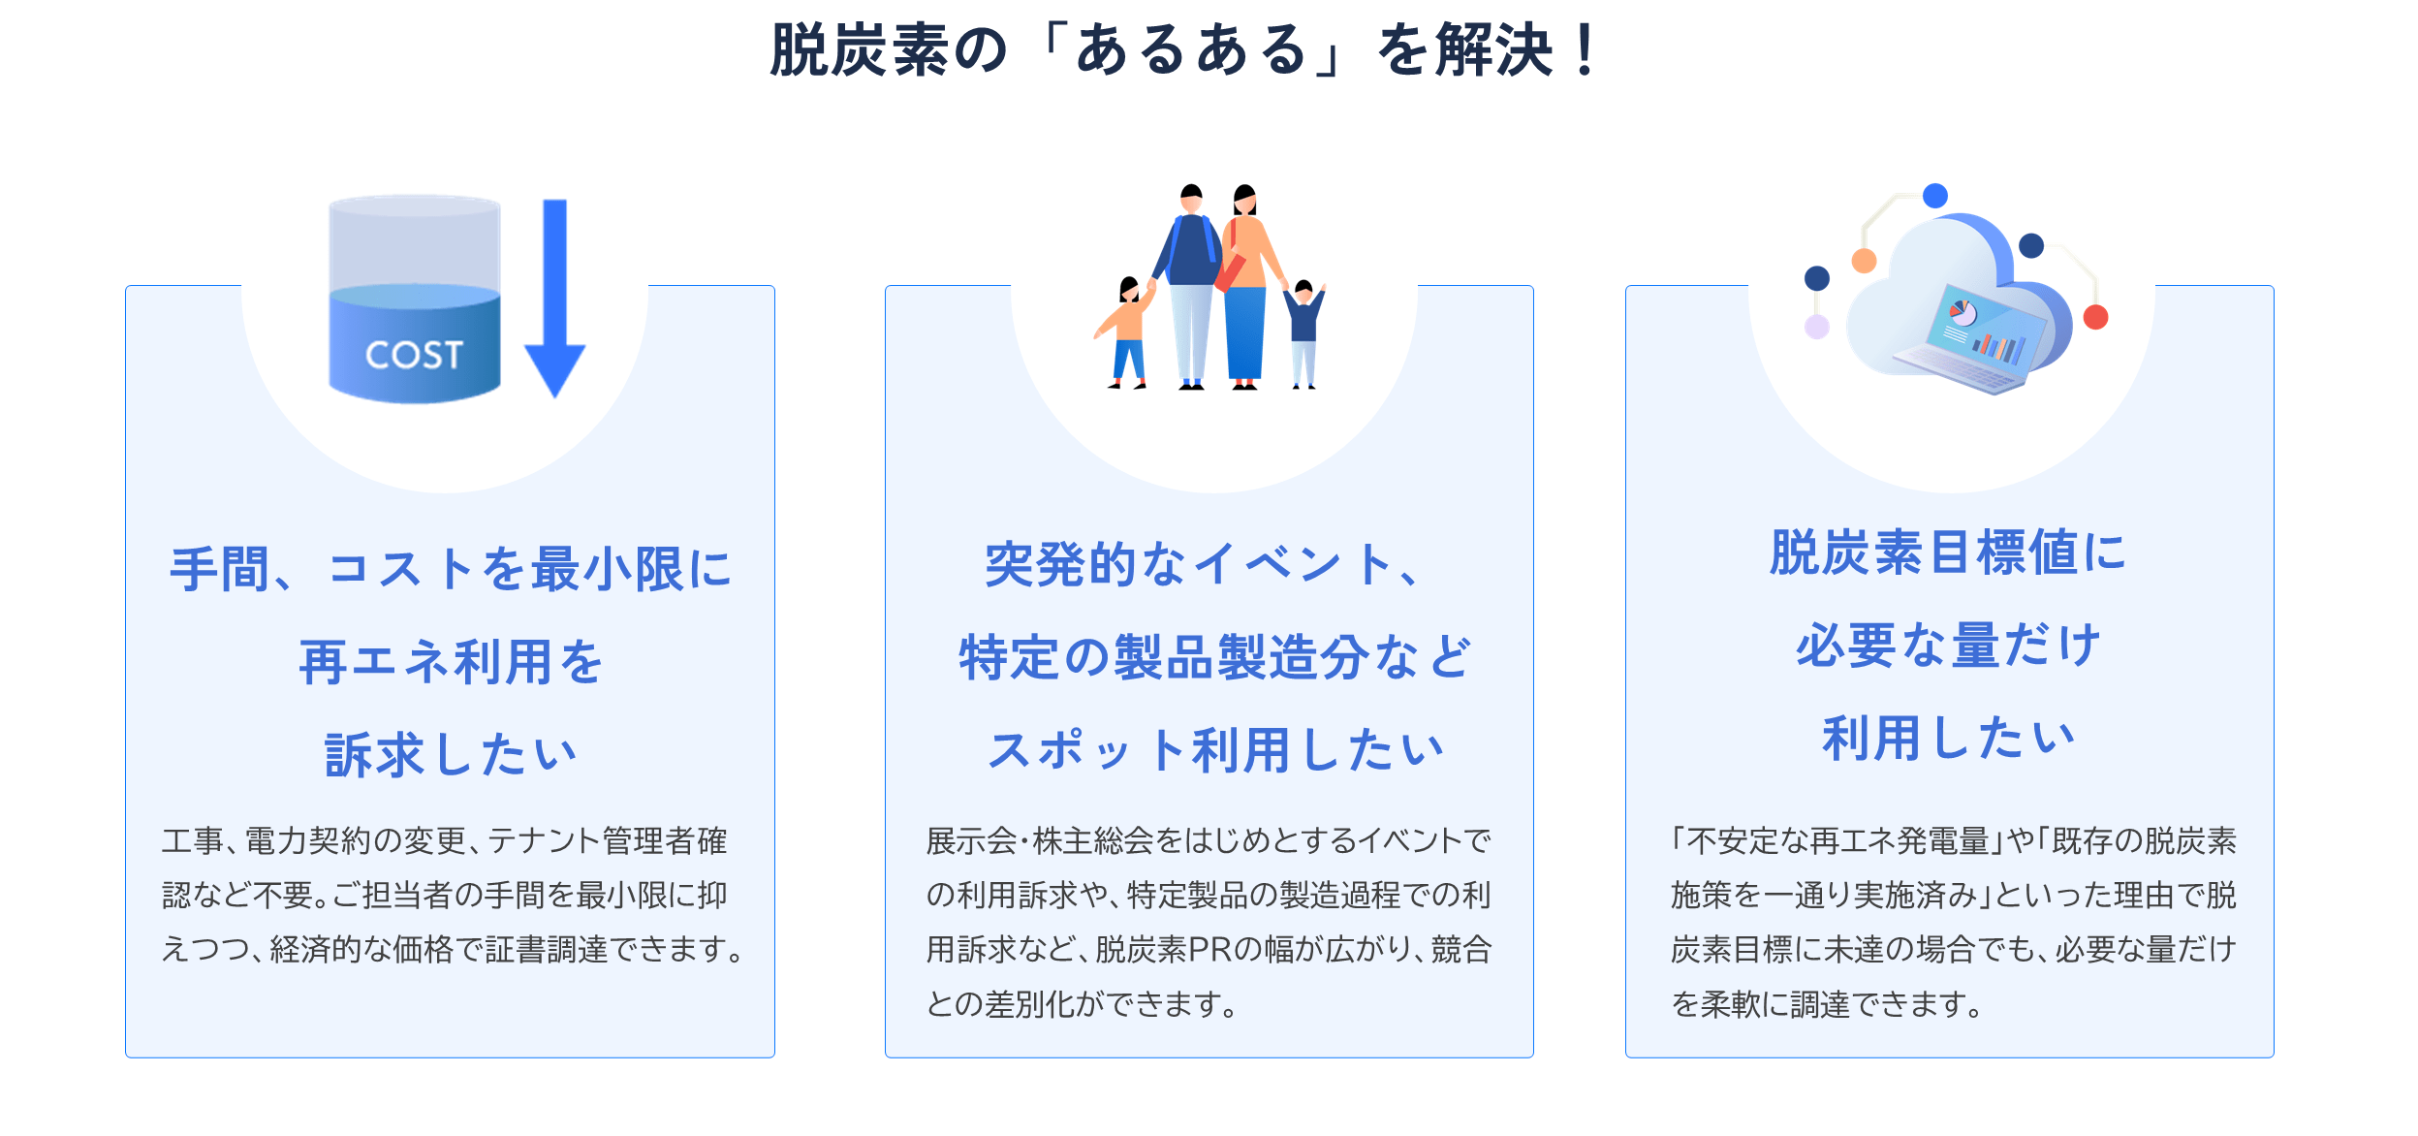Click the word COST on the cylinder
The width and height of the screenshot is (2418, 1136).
point(414,355)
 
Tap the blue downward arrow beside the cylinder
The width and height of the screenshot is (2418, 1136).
point(554,298)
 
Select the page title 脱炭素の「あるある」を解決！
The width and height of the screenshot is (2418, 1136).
point(1183,49)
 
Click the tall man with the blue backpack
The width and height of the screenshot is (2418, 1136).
point(1191,287)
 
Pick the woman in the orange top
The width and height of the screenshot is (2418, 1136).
point(1248,287)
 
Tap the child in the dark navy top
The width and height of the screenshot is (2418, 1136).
point(1304,333)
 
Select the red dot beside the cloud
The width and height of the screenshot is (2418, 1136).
point(2095,317)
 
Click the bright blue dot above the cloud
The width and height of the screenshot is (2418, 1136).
point(1935,196)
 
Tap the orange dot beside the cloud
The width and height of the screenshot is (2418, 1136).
point(1864,261)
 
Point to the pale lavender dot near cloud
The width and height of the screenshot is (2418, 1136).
point(1817,327)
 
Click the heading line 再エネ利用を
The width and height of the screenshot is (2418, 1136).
point(451,662)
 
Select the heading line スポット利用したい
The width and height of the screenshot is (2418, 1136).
point(1215,750)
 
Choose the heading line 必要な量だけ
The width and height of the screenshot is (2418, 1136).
point(1949,646)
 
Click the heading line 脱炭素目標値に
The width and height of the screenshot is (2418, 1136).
point(1949,552)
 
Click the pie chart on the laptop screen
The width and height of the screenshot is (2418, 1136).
point(1963,312)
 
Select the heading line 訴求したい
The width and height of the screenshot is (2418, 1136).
point(451,755)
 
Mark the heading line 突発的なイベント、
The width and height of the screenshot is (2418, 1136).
point(1202,564)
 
